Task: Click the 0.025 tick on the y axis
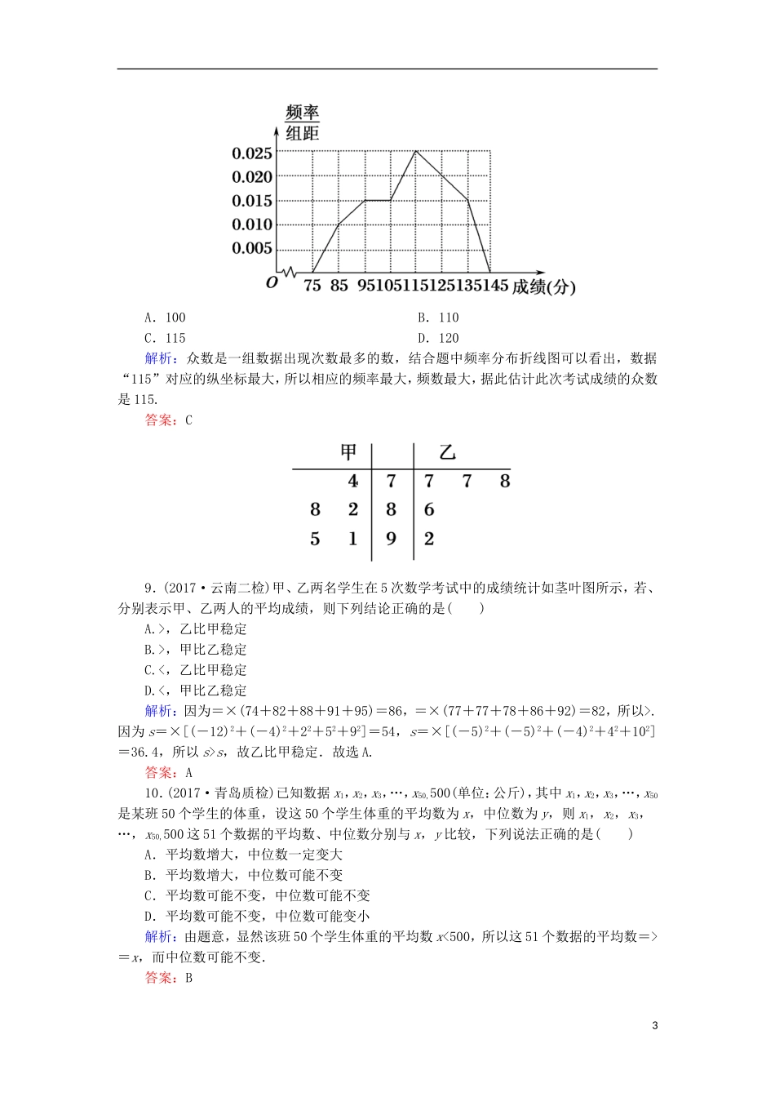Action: [251, 153]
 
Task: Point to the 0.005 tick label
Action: [251, 248]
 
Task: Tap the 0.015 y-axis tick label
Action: [251, 201]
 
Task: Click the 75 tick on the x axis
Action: [312, 286]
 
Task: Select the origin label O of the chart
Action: [272, 282]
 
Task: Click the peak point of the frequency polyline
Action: [415, 151]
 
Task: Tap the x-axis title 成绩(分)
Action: [543, 286]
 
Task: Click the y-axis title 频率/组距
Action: [302, 123]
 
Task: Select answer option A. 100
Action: [165, 318]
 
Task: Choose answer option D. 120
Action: [438, 338]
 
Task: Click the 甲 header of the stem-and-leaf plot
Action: [349, 452]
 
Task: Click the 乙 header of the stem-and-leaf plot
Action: [447, 452]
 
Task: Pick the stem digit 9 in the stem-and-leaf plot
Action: [392, 539]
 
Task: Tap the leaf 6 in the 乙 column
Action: [429, 509]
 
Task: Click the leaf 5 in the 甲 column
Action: [315, 539]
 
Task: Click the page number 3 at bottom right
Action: [654, 1025]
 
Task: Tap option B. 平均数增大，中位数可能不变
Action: [243, 875]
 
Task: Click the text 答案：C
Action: [168, 420]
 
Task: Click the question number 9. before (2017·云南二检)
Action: [149, 588]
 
